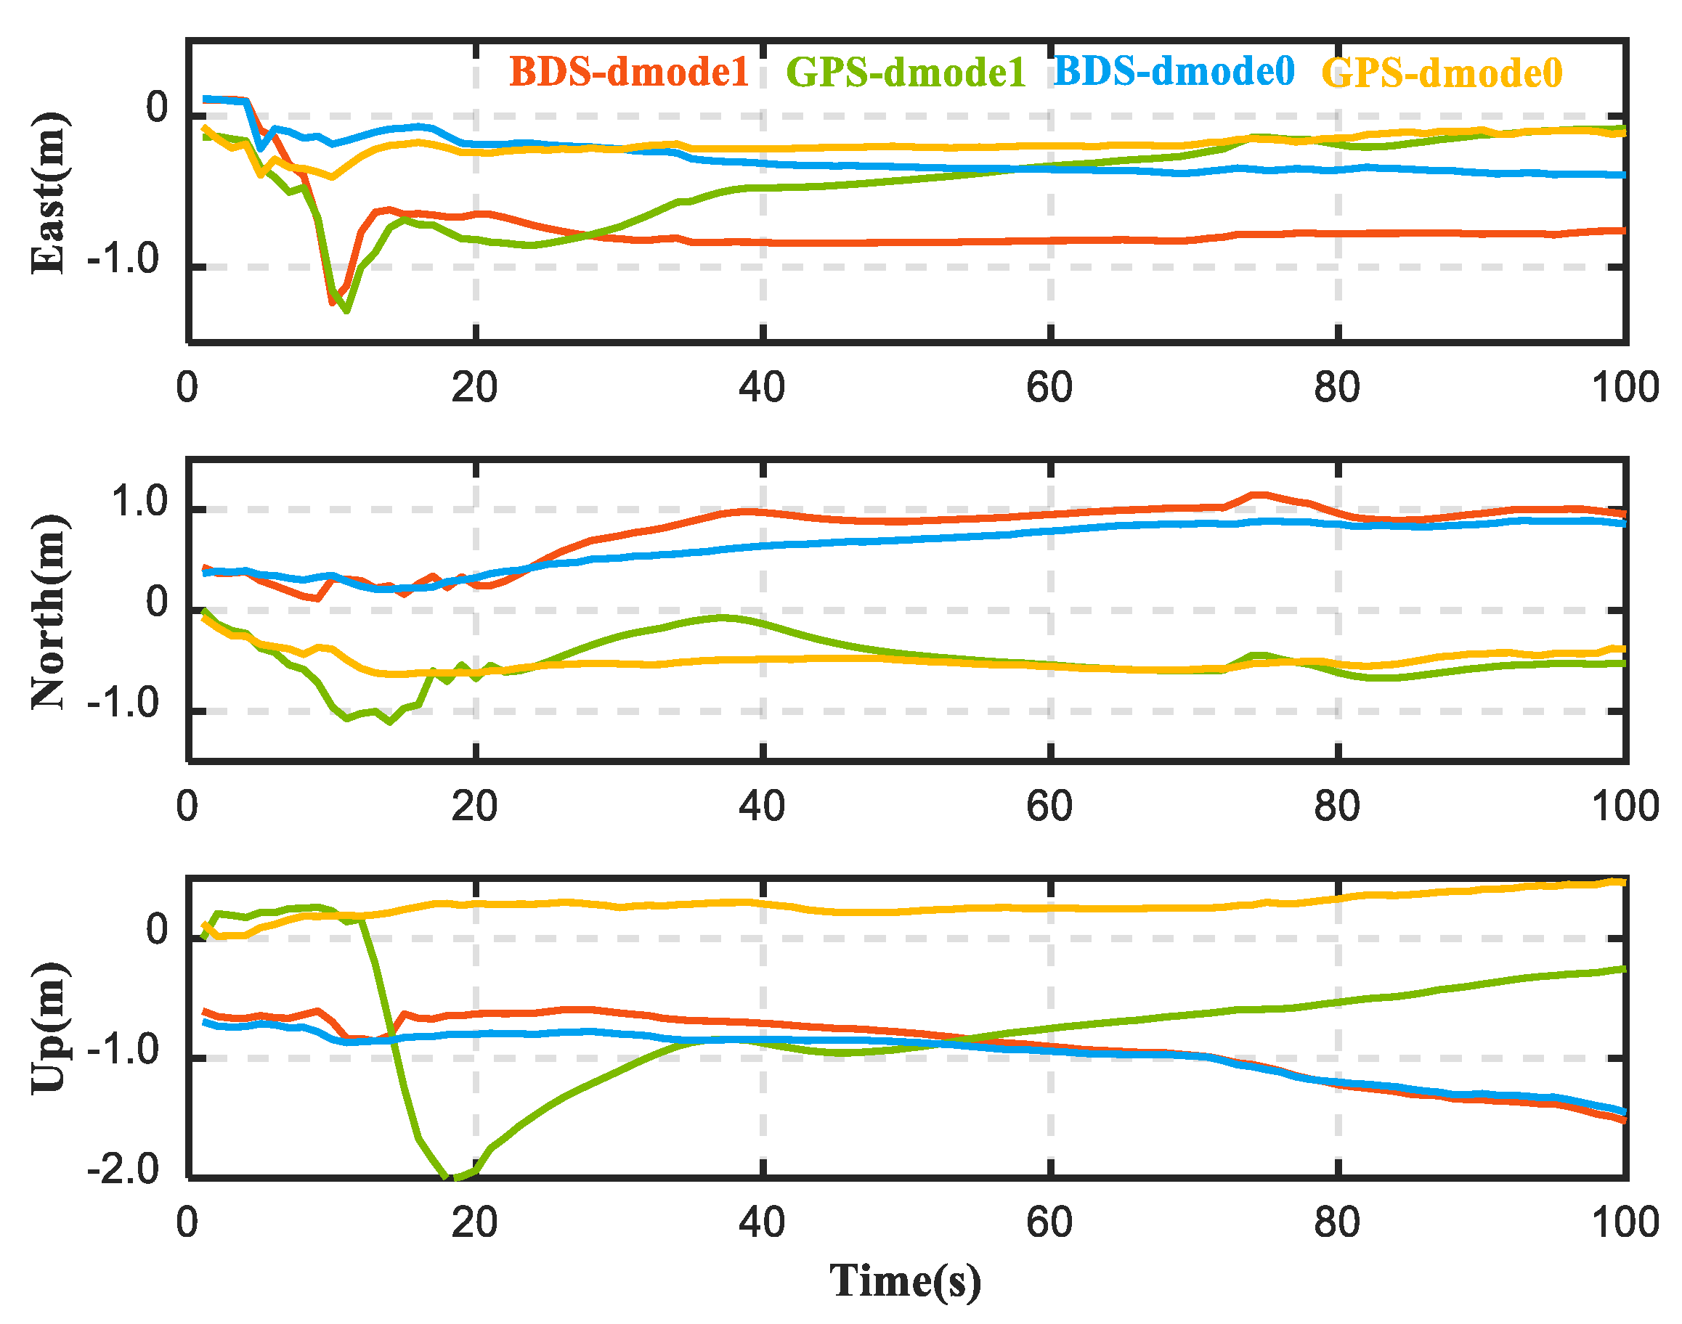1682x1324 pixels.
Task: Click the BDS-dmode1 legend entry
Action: pos(628,71)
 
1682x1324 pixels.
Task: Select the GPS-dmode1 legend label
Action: pos(906,72)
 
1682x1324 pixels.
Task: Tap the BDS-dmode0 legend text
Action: pos(1174,71)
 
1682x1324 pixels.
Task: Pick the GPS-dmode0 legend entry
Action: pos(1442,73)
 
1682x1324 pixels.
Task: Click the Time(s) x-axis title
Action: pos(905,1280)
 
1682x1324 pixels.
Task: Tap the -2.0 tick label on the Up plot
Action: pos(123,1168)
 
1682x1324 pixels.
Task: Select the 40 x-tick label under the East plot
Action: pos(762,387)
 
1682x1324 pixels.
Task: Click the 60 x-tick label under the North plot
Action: pos(1049,806)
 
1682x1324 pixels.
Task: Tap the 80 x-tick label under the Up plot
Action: pos(1336,1222)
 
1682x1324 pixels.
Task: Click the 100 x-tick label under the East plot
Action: pos(1625,387)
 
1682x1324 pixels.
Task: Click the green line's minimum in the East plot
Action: pos(346,310)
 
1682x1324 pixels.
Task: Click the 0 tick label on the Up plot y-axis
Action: pos(157,929)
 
